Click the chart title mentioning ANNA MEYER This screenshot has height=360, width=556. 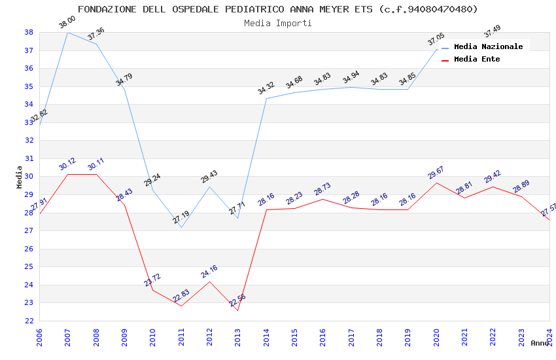pos(277,9)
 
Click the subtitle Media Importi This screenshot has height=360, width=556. pos(277,23)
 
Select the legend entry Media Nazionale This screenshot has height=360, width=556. pos(488,46)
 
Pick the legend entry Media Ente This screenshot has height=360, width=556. pos(477,59)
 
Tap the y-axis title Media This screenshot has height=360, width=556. pos(19,177)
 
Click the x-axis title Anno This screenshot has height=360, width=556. pos(540,343)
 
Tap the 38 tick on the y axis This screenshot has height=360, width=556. pos(29,32)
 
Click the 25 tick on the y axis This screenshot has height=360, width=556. pos(29,266)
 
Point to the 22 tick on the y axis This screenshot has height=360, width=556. pos(29,321)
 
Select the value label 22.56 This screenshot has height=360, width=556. pos(237,300)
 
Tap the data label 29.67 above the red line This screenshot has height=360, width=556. pos(436,173)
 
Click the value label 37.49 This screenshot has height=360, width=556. pos(492,31)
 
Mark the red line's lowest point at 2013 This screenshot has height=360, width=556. pos(237,310)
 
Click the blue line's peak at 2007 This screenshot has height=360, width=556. pos(67,32)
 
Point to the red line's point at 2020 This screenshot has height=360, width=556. pos(436,183)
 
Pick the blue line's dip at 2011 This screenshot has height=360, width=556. pos(181,227)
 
